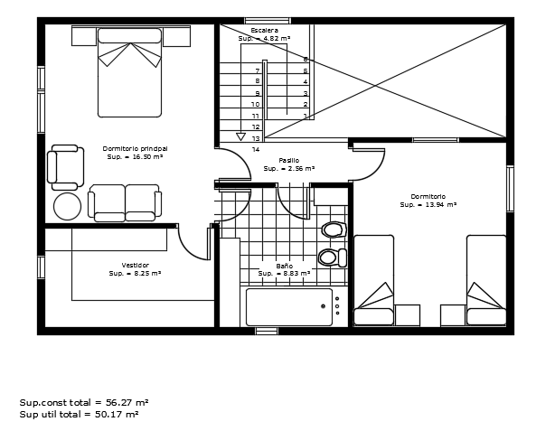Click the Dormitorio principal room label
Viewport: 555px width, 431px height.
[135, 148]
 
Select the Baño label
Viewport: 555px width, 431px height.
[285, 266]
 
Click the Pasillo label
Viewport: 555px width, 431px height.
[289, 160]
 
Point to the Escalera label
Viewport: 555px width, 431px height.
[265, 30]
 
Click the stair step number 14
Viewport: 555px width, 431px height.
[256, 149]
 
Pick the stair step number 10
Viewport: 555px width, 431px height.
[255, 105]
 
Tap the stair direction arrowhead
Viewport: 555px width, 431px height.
[240, 136]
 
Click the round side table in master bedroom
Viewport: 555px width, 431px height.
[67, 206]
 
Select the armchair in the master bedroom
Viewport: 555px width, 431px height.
[66, 167]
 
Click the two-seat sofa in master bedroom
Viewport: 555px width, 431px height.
[125, 202]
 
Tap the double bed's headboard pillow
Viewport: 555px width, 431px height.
[129, 36]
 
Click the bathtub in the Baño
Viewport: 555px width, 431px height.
[289, 307]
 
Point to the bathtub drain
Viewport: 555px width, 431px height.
[324, 306]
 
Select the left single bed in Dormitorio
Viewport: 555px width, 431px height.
[374, 280]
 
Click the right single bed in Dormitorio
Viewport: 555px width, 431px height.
[486, 280]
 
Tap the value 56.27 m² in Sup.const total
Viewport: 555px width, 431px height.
[127, 402]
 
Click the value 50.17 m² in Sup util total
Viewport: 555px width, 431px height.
[117, 414]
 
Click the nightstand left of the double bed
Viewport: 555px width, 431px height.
[84, 36]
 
